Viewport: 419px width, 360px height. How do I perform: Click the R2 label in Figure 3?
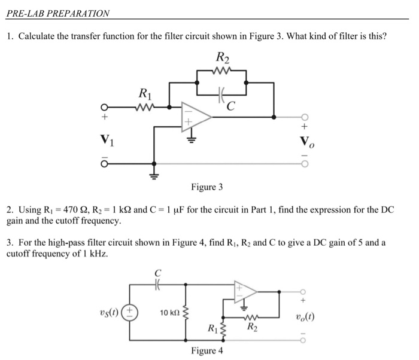tap(222, 59)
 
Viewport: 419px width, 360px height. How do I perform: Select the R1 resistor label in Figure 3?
tap(144, 93)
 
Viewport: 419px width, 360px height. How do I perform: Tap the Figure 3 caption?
tap(207, 187)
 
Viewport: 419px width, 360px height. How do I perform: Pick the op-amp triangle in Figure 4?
tap(245, 291)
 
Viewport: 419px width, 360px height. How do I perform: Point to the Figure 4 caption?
tap(207, 350)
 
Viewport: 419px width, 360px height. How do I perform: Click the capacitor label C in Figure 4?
tap(159, 274)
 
